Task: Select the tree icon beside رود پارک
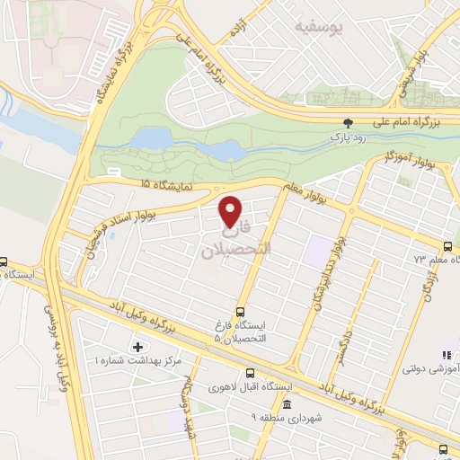click(x=348, y=123)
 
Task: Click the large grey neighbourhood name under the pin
click(x=233, y=241)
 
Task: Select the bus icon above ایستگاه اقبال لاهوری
click(x=250, y=373)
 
